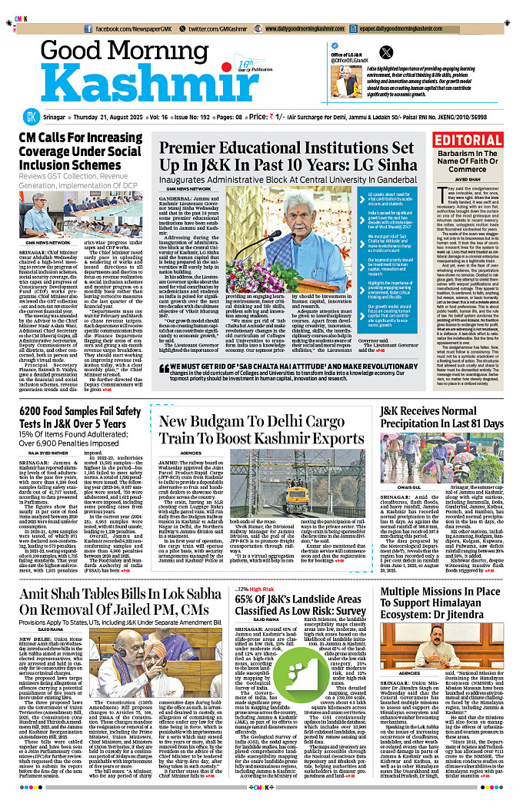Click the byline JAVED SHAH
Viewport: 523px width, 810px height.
478,180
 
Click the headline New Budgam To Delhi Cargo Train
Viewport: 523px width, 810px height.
262,430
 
